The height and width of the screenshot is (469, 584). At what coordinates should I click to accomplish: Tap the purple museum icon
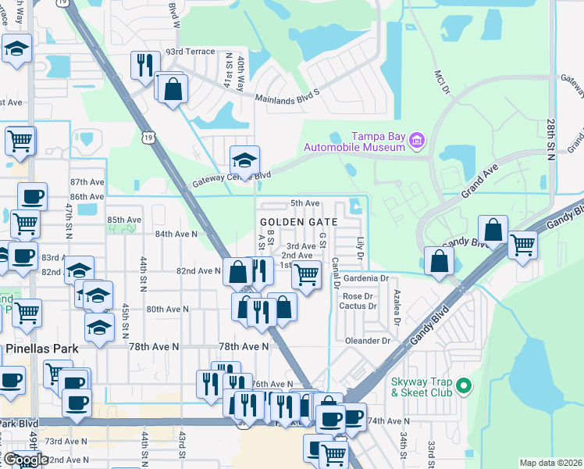pyautogui.click(x=417, y=140)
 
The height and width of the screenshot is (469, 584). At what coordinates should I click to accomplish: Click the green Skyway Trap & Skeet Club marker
pyautogui.click(x=463, y=385)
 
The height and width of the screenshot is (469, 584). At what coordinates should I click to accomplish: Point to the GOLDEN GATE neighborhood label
pyautogui.click(x=298, y=222)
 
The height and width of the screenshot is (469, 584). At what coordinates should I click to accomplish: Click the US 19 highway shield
pyautogui.click(x=148, y=138)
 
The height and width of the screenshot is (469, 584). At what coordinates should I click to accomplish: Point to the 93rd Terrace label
pyautogui.click(x=189, y=52)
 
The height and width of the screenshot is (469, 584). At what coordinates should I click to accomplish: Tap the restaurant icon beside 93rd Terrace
pyautogui.click(x=144, y=66)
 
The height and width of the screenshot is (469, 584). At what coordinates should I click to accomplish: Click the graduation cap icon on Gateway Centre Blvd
pyautogui.click(x=244, y=160)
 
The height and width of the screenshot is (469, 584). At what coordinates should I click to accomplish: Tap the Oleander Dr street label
pyautogui.click(x=368, y=341)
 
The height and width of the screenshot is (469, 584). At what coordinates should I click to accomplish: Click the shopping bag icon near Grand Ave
pyautogui.click(x=493, y=231)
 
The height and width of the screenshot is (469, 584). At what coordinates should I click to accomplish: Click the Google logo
pyautogui.click(x=25, y=460)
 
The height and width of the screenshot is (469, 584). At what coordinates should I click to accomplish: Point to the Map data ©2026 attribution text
pyautogui.click(x=550, y=463)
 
